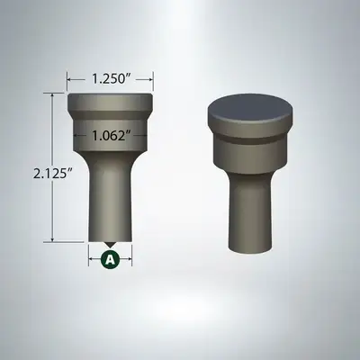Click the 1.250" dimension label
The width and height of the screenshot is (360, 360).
[x=109, y=78]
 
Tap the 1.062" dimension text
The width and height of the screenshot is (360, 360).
[x=109, y=136]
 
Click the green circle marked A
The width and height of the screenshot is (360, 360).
[x=110, y=259]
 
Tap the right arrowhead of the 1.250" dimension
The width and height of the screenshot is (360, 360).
[x=149, y=78]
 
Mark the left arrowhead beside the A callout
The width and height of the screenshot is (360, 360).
[x=91, y=259]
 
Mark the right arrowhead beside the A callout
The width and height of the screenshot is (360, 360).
[x=130, y=259]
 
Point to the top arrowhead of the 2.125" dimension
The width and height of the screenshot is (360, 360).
[x=55, y=95]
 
